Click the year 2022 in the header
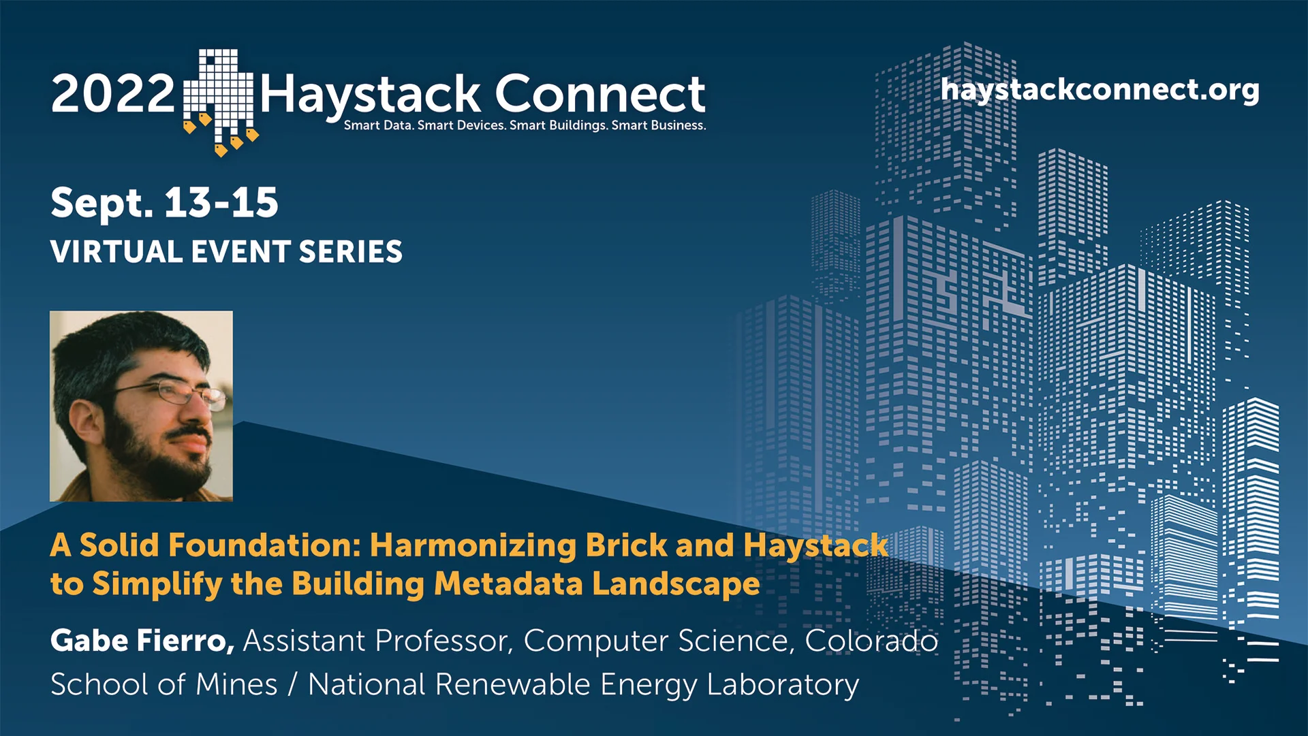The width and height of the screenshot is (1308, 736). coord(112,94)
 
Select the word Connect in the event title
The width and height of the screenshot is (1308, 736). coord(599,94)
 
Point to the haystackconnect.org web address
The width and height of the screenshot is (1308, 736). coord(1100,90)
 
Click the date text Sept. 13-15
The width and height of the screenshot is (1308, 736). coord(164,203)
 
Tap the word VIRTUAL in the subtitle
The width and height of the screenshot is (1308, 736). coord(116,252)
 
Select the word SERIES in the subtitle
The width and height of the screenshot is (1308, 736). coord(351,252)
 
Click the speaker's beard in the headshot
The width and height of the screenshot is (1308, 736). coord(157,463)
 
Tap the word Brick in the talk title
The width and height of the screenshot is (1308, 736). coord(626,545)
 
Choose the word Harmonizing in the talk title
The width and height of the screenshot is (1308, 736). coord(473,545)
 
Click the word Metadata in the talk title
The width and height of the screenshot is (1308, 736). coord(508,584)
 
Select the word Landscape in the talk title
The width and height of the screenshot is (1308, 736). coord(675,584)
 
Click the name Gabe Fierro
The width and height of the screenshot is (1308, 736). coord(142,641)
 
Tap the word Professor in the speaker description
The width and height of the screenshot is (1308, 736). coord(443,641)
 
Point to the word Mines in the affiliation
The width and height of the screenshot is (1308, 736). coord(236,684)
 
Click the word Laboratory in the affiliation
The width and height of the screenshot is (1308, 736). coord(783,684)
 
